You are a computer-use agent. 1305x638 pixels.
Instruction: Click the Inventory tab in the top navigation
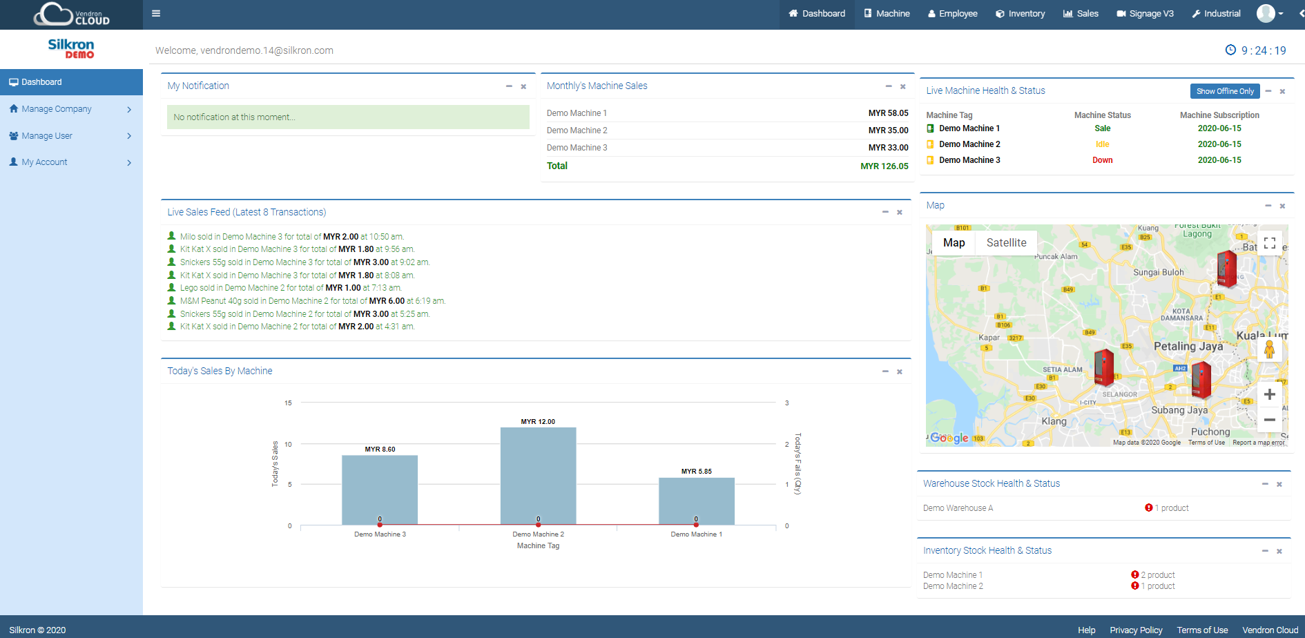[1020, 14]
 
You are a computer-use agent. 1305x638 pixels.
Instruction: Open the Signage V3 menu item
[1145, 14]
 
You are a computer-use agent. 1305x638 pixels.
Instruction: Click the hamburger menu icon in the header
[156, 13]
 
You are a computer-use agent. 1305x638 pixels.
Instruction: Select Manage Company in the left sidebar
[57, 109]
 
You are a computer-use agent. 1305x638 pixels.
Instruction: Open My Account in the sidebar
[44, 162]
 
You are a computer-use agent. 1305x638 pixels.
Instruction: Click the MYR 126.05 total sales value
[884, 166]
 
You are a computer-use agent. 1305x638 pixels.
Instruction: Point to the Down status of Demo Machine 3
[1102, 160]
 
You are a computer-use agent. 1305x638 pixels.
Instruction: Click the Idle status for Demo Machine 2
[1102, 144]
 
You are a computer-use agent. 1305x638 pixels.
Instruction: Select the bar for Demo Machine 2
[538, 476]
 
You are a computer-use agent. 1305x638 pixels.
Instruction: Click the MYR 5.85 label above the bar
[696, 472]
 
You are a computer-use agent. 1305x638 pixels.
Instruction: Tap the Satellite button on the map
[1006, 243]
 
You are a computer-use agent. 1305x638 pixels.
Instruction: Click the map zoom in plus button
[1269, 394]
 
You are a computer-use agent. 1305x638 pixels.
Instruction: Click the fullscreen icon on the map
[1269, 243]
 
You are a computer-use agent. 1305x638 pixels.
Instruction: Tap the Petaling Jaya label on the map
[1188, 347]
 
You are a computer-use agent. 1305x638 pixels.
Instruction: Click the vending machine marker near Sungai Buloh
[1226, 269]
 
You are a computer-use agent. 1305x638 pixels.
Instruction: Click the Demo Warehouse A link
[958, 508]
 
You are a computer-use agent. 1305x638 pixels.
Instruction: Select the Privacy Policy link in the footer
[1136, 630]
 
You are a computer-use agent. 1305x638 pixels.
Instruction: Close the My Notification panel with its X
[523, 86]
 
